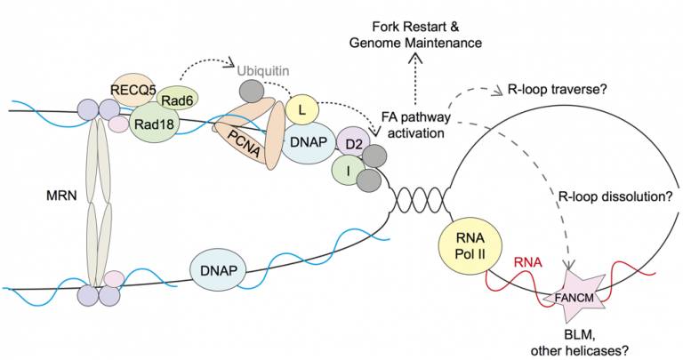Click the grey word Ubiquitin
click(264, 68)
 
